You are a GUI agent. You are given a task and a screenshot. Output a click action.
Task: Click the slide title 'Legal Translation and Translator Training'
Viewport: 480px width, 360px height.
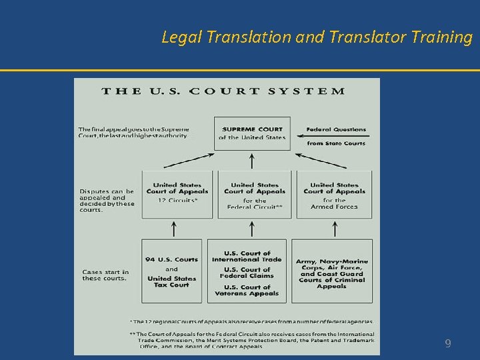(x=317, y=37)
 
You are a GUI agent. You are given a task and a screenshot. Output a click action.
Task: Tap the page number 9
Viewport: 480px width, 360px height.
(x=448, y=344)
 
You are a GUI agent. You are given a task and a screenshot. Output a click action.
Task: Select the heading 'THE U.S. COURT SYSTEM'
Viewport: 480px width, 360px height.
(x=223, y=91)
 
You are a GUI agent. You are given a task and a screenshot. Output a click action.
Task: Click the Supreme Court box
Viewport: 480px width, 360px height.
(x=252, y=133)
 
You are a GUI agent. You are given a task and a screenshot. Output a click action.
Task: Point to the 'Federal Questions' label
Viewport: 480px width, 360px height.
(x=336, y=129)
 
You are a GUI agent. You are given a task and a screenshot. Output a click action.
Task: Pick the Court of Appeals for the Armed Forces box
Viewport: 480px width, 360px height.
(x=334, y=194)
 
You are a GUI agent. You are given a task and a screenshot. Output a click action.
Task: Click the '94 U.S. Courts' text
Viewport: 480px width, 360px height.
(x=171, y=259)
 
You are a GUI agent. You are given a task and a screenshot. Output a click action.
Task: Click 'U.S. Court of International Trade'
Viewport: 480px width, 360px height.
(x=247, y=256)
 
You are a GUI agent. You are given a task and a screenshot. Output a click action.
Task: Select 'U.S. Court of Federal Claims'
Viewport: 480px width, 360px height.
(x=247, y=273)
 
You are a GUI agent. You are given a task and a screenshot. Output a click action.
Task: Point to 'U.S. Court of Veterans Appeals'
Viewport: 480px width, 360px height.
(x=247, y=290)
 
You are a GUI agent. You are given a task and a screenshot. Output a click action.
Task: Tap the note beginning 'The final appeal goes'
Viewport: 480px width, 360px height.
(x=133, y=132)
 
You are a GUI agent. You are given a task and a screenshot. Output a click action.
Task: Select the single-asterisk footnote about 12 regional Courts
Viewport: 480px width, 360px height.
(x=251, y=321)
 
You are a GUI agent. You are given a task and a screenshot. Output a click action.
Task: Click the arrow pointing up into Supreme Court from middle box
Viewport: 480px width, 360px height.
(x=251, y=161)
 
